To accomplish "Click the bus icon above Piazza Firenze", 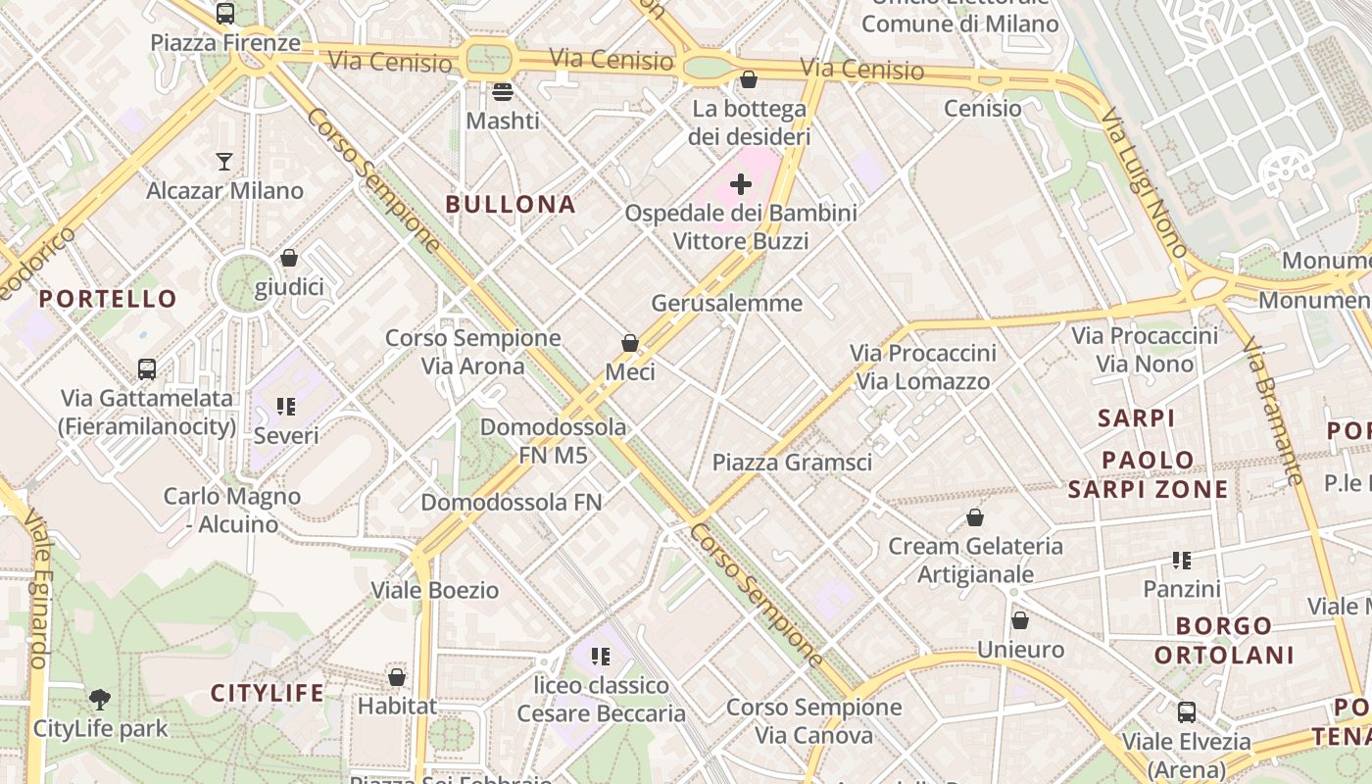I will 224,14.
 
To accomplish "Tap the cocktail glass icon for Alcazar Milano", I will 224,162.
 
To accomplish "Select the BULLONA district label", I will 511,204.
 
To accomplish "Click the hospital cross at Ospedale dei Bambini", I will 741,184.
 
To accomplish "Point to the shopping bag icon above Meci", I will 630,343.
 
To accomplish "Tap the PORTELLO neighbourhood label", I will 108,299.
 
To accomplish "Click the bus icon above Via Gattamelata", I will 147,369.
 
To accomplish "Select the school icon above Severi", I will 286,406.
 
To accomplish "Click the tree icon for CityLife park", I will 100,700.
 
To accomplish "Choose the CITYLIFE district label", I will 268,694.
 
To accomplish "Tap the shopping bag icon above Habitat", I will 397,677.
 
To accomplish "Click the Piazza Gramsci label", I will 792,462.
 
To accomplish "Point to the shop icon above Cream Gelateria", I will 975,517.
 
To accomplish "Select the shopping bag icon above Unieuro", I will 1020,620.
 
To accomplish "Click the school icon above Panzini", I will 1182,561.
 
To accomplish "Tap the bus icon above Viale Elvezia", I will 1187,712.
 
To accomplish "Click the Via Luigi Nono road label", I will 1145,183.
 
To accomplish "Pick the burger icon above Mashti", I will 503,92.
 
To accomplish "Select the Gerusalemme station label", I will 727,303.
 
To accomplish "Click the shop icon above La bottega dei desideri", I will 749,79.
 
